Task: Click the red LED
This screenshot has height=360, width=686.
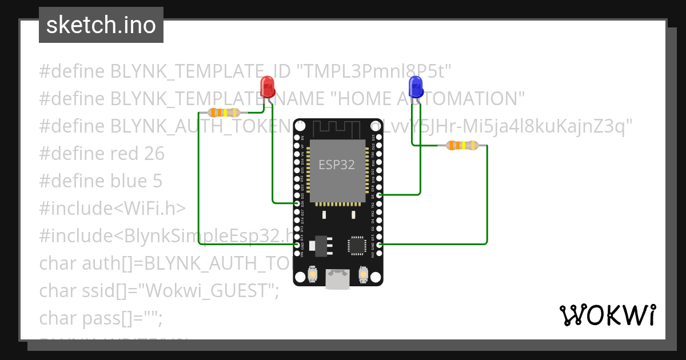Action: pyautogui.click(x=267, y=87)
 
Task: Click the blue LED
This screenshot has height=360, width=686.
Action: pyautogui.click(x=416, y=87)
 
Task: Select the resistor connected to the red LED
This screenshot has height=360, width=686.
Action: pyautogui.click(x=225, y=113)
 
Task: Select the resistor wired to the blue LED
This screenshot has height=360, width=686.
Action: pyautogui.click(x=462, y=146)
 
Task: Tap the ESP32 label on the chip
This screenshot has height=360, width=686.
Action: pyautogui.click(x=337, y=165)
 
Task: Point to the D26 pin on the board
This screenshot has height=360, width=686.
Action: pyautogui.click(x=297, y=203)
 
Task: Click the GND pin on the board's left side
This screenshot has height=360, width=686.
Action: pyautogui.click(x=297, y=244)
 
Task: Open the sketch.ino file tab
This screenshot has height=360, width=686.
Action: pyautogui.click(x=101, y=25)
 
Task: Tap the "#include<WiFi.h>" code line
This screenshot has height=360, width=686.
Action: pyautogui.click(x=112, y=208)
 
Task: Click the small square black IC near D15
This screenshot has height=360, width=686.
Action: pyautogui.click(x=356, y=245)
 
